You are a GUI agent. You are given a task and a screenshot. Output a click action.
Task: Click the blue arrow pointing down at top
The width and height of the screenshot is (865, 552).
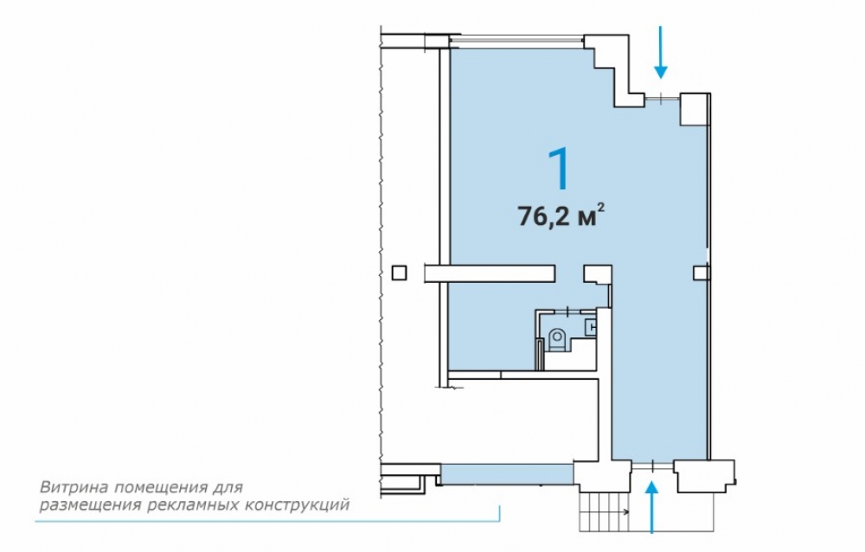(661, 52)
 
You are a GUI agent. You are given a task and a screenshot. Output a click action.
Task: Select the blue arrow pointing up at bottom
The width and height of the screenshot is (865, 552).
(652, 507)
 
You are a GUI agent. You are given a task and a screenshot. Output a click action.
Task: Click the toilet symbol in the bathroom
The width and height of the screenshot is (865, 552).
(557, 337)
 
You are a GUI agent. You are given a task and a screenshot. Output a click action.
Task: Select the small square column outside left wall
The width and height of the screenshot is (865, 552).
(400, 273)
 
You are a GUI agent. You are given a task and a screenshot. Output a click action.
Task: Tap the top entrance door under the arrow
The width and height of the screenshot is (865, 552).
(663, 99)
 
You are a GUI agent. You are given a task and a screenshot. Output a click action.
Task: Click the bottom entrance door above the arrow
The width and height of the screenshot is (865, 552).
(652, 466)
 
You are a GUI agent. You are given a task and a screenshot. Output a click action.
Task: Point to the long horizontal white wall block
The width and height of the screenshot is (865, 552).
(490, 273)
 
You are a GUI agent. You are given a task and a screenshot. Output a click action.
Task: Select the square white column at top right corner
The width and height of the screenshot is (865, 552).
(694, 110)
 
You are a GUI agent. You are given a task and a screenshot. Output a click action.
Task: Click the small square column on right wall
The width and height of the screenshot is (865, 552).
(702, 273)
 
